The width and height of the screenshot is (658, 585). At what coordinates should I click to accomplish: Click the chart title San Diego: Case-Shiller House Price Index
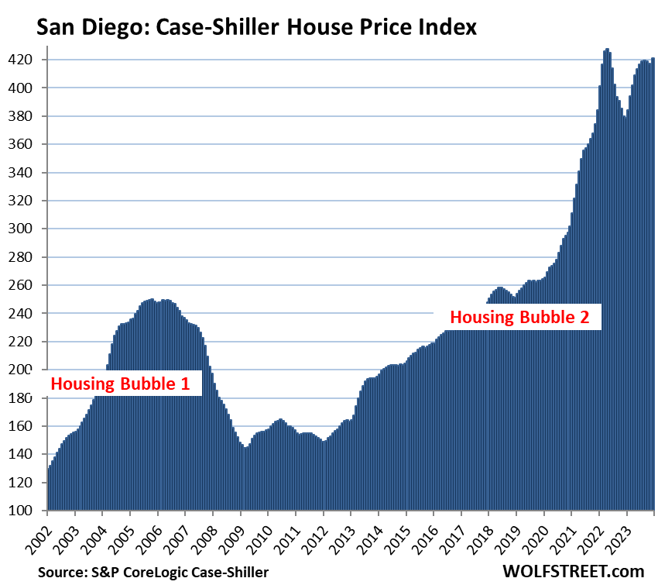(x=256, y=29)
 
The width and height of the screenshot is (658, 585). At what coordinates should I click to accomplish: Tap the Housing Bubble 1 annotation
(x=120, y=384)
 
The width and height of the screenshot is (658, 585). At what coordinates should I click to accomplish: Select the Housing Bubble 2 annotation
(x=520, y=316)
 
